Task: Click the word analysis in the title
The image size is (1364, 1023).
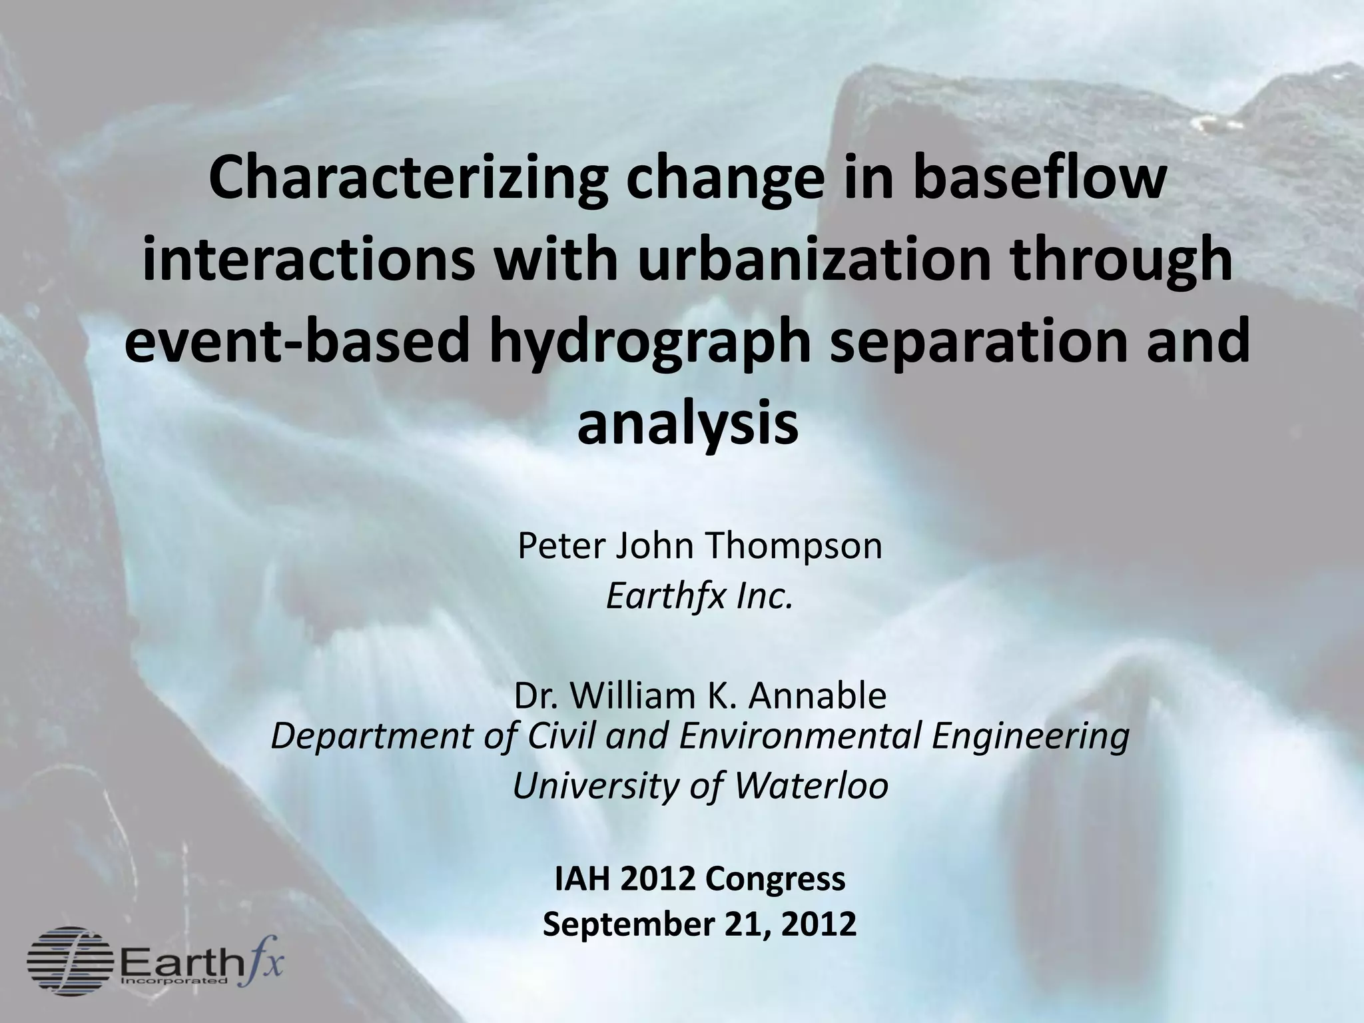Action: pyautogui.click(x=687, y=425)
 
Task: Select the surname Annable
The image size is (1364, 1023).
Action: pyautogui.click(x=817, y=695)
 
